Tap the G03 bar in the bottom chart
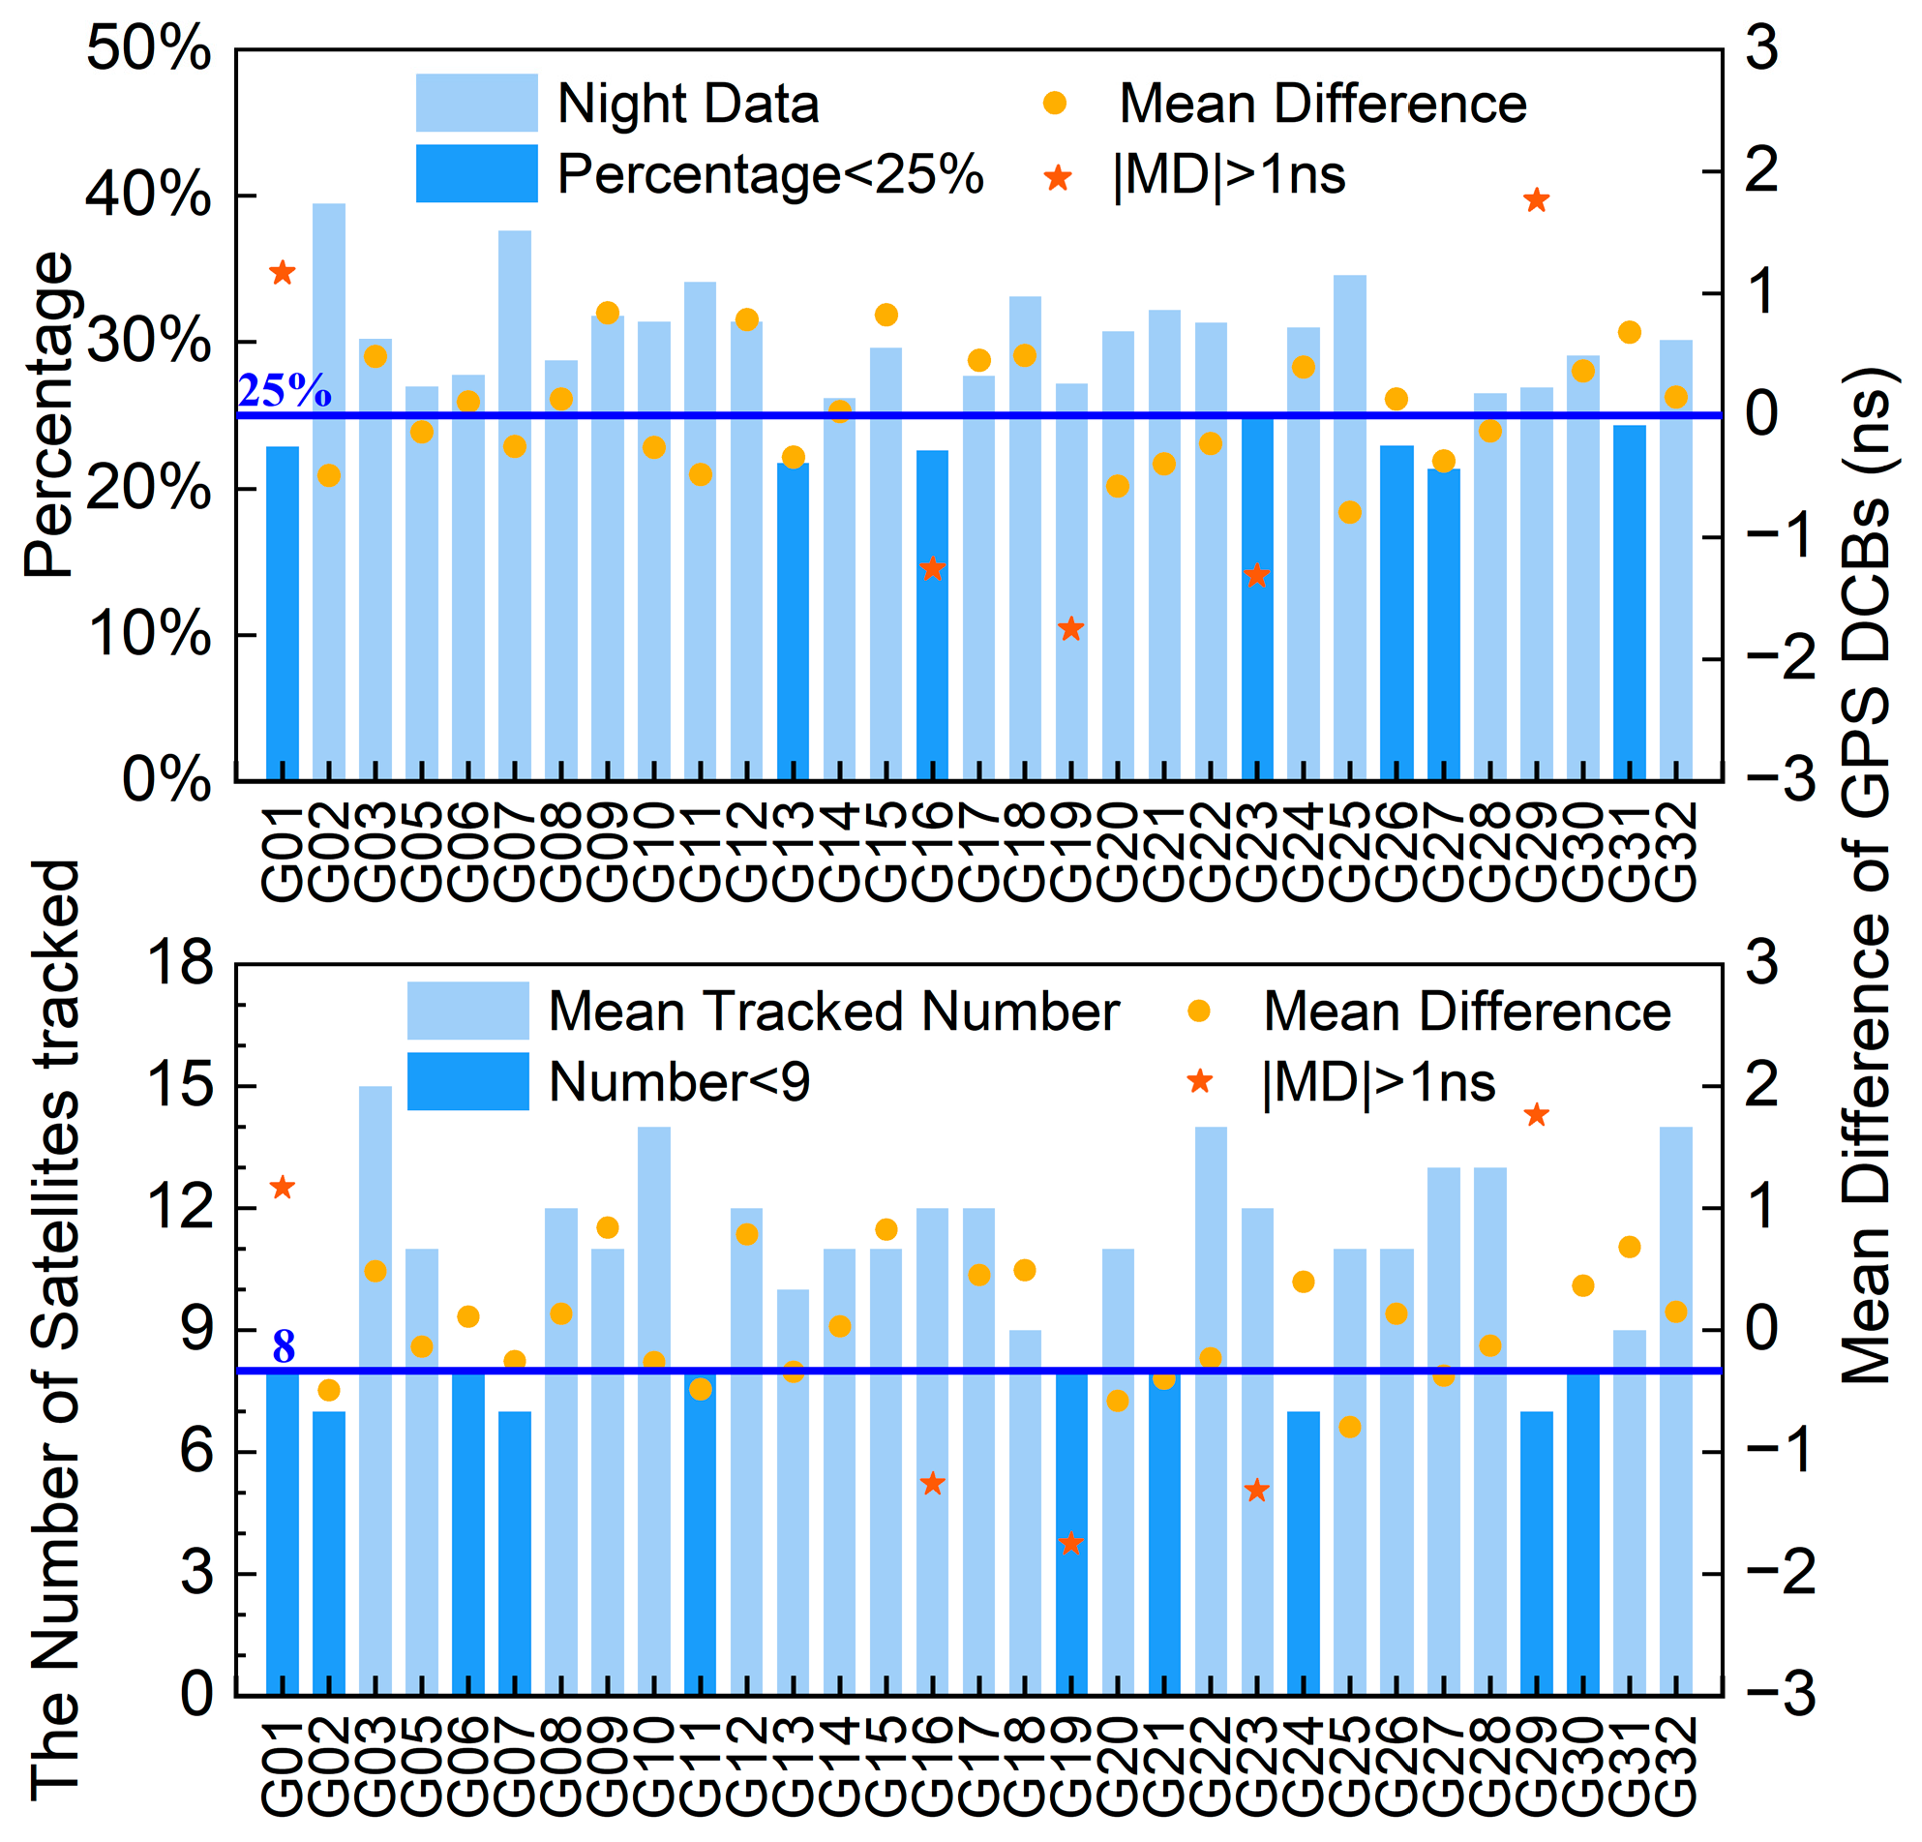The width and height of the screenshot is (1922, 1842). tap(375, 1422)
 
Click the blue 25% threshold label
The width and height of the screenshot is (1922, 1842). tap(285, 391)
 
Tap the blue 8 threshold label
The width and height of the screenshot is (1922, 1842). tap(284, 1346)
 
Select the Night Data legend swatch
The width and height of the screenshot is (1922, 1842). tap(476, 103)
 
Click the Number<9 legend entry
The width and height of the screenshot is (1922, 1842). tap(678, 1083)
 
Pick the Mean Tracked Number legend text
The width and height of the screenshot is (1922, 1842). tap(833, 1012)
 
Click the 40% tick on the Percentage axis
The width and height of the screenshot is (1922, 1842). tap(147, 196)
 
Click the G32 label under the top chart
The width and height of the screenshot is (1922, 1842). tap(1676, 852)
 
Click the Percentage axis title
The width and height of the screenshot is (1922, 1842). tap(49, 414)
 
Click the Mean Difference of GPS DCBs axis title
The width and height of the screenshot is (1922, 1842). tap(1865, 873)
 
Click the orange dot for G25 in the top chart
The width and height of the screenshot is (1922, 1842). tap(1349, 512)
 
